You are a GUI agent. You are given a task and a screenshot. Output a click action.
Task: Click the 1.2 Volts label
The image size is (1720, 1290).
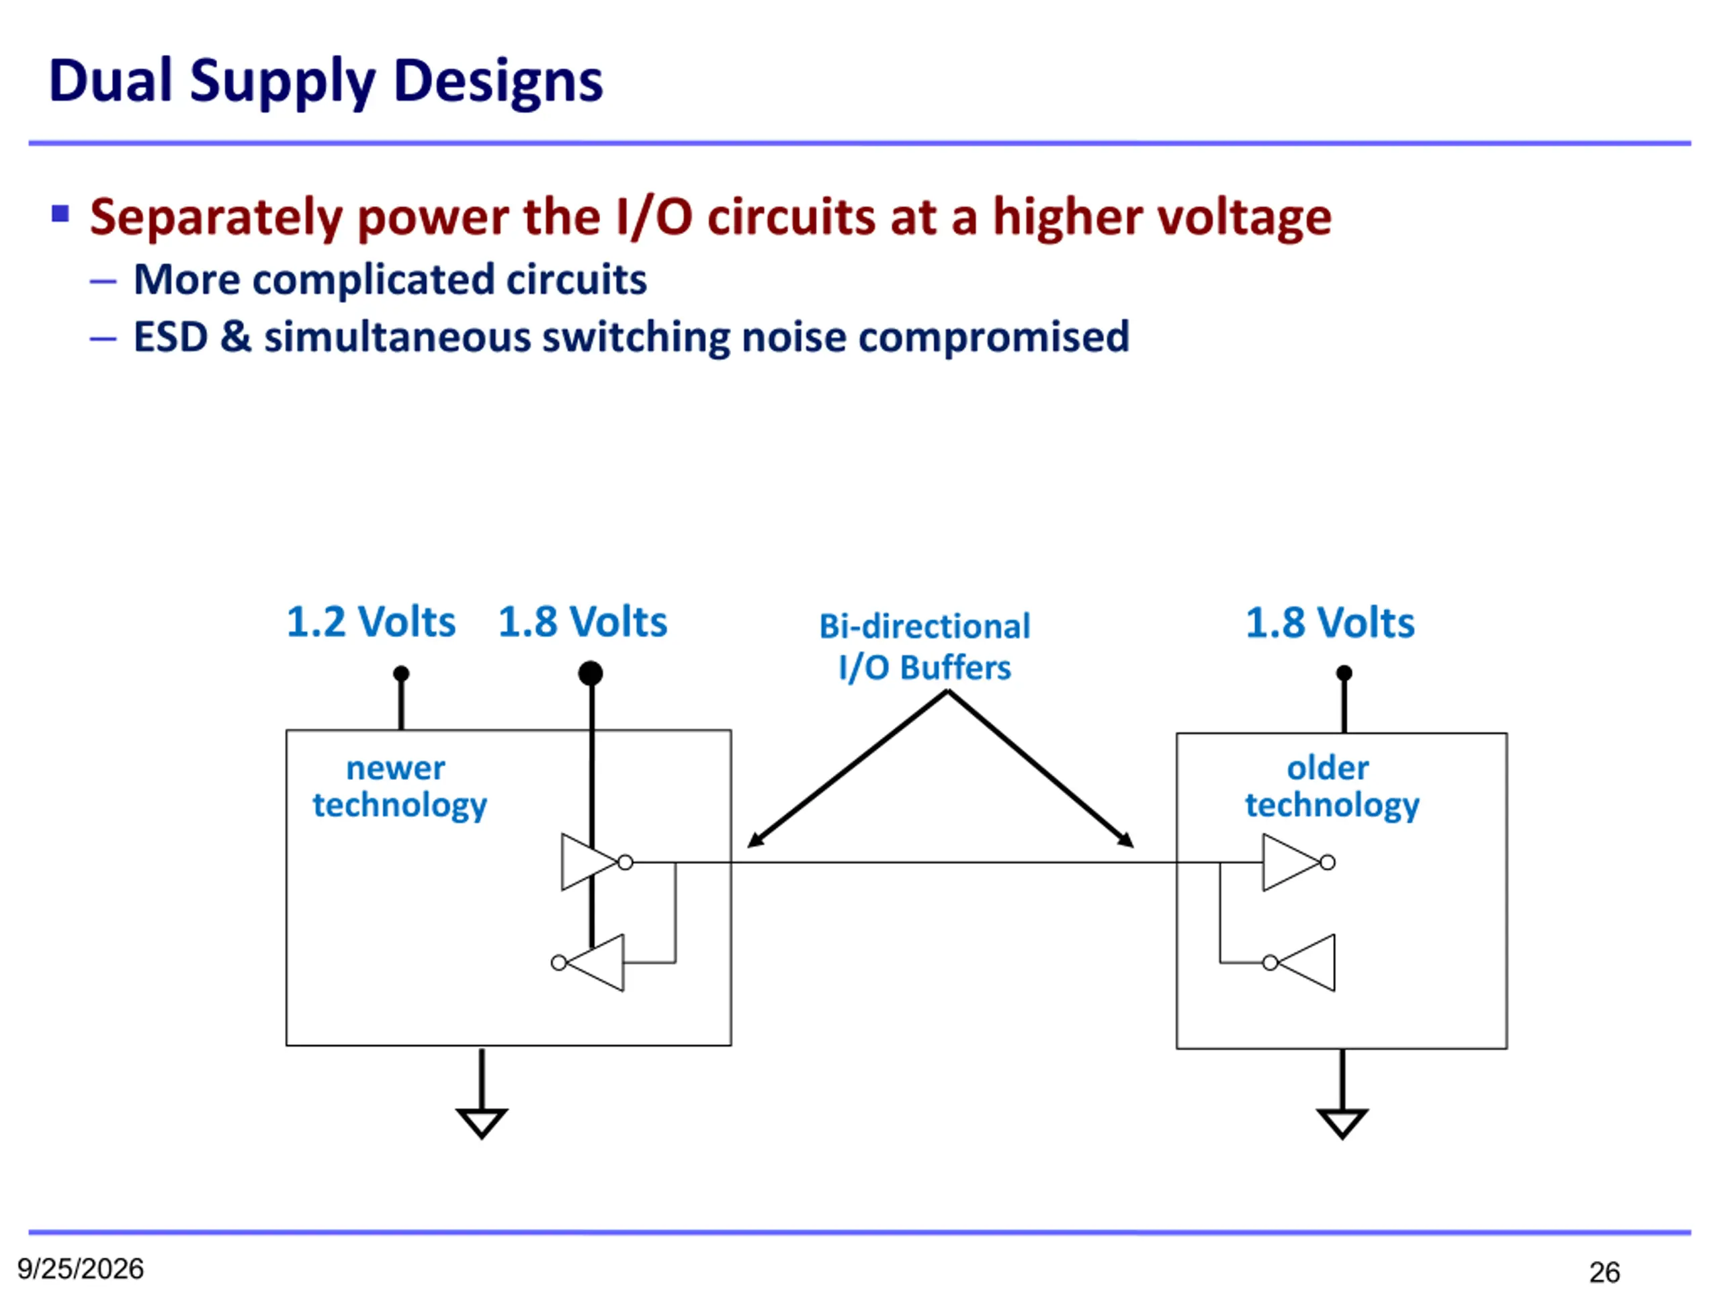(x=371, y=622)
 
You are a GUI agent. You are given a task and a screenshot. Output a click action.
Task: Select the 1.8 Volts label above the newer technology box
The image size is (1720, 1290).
(x=583, y=622)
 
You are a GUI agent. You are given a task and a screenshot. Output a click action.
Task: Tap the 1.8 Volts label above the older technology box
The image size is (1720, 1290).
(x=1330, y=623)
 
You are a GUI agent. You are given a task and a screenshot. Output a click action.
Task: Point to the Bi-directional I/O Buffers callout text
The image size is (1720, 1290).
(x=924, y=647)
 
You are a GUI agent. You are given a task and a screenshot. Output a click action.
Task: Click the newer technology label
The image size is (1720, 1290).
(x=400, y=787)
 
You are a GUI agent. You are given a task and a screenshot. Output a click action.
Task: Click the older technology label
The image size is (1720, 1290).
(x=1332, y=787)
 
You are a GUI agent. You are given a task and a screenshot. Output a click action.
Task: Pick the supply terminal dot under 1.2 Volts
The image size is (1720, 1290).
(x=401, y=673)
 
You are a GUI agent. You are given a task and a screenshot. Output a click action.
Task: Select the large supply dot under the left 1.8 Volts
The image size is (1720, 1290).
(x=591, y=673)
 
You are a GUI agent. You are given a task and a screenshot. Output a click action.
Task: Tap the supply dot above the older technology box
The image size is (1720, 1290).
(x=1344, y=673)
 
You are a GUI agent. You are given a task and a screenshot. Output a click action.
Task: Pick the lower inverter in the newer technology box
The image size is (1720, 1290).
(x=589, y=963)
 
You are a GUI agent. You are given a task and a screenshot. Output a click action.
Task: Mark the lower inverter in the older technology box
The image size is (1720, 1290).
(x=1300, y=963)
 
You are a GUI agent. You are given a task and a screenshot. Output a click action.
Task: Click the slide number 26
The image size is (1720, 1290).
(x=1604, y=1272)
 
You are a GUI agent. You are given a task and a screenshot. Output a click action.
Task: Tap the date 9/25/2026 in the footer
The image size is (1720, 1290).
(x=81, y=1268)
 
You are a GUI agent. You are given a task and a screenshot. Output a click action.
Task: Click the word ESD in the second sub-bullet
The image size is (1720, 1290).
(x=170, y=337)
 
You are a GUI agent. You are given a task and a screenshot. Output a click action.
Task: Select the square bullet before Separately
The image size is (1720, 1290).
(x=60, y=213)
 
